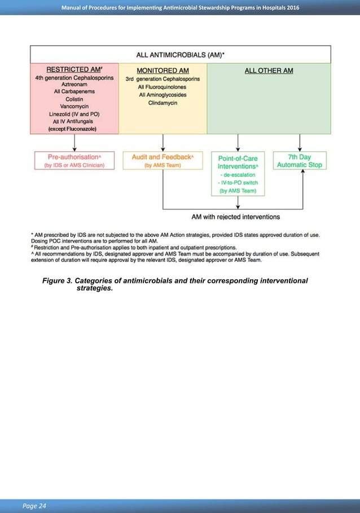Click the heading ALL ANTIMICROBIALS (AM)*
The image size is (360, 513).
[x=180, y=55]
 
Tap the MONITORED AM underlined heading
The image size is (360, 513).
[x=163, y=71]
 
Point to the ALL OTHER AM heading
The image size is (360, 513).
[x=269, y=71]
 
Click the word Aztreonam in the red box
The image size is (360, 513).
[x=74, y=84]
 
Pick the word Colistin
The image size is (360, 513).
[x=74, y=99]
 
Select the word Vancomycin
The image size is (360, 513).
[x=74, y=106]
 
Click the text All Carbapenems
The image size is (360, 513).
[x=74, y=91]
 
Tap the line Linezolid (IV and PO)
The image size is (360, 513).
[x=74, y=114]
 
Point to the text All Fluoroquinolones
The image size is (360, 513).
[x=163, y=87]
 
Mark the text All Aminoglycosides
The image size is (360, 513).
[x=163, y=95]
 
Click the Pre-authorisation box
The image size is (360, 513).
[x=74, y=160]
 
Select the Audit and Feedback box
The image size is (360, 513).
[x=163, y=160]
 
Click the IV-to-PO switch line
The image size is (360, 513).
[x=237, y=183]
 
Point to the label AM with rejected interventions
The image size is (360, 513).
[x=236, y=216]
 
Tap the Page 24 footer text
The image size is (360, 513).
[x=35, y=505]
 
